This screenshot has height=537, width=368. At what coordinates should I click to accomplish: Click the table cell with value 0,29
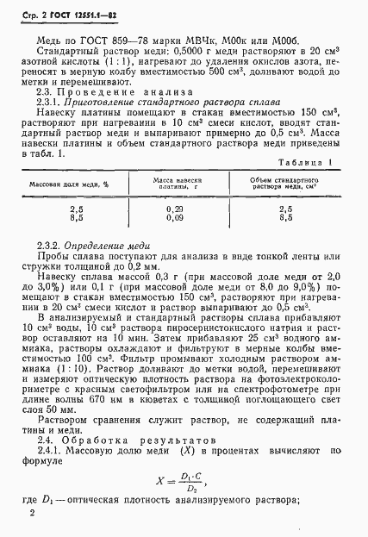click(x=175, y=234)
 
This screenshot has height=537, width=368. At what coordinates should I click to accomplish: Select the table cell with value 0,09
click(x=175, y=243)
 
